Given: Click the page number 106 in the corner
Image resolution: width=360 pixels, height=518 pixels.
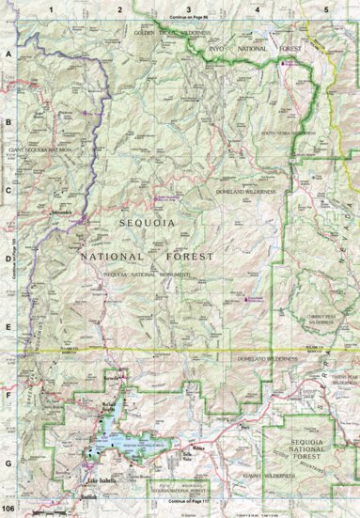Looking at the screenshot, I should (x=8, y=509).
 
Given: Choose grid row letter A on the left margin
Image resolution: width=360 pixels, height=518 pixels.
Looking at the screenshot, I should (x=8, y=55).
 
